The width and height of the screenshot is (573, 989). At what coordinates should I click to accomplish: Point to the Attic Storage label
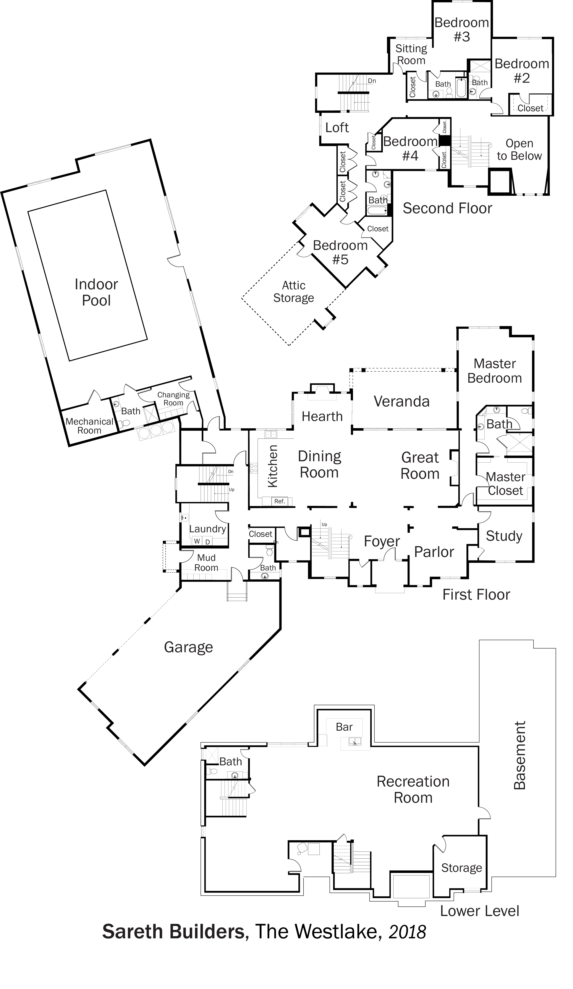coord(294,292)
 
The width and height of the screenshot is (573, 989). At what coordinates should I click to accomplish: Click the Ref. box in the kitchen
coord(279,501)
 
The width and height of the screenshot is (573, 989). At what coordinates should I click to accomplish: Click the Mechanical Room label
coord(89,426)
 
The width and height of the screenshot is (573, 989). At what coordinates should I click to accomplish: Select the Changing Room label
coord(173,399)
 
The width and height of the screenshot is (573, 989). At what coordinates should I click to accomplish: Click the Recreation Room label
coord(413,789)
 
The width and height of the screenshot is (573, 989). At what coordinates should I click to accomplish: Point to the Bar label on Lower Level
coord(344,727)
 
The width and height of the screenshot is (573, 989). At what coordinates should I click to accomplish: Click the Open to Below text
coord(519,149)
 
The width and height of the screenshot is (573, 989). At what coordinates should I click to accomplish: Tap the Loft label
coord(337,128)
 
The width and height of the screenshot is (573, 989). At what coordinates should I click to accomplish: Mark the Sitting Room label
coord(411,54)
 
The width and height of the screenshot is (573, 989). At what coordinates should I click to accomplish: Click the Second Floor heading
coord(447,208)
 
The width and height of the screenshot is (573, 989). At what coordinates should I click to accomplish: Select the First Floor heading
coord(476,595)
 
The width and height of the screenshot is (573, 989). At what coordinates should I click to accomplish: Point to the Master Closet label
coord(505,484)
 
